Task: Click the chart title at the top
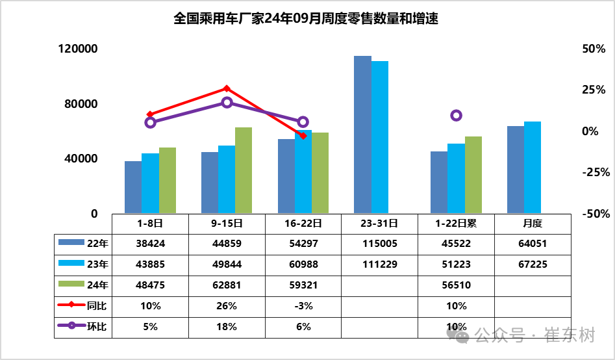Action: tap(306, 18)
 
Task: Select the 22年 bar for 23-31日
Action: tap(362, 135)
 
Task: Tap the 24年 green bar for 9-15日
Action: tap(243, 170)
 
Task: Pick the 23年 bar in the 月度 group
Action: tap(533, 168)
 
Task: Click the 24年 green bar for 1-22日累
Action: tap(473, 175)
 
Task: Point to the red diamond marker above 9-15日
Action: tap(226, 89)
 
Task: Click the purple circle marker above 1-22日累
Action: tap(456, 116)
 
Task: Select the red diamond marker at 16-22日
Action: tap(303, 135)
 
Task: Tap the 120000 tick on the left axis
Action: tap(78, 49)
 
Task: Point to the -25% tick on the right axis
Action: tap(596, 172)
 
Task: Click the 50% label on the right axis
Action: tap(594, 49)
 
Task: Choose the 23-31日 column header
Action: tap(379, 224)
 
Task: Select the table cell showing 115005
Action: tap(380, 244)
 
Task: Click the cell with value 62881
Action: tap(227, 285)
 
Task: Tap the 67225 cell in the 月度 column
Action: tap(533, 264)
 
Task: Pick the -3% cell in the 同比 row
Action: tap(303, 306)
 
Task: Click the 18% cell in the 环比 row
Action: tap(227, 327)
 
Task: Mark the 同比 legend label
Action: tap(97, 306)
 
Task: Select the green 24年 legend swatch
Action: tap(71, 284)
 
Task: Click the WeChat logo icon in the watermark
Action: tap(458, 335)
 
